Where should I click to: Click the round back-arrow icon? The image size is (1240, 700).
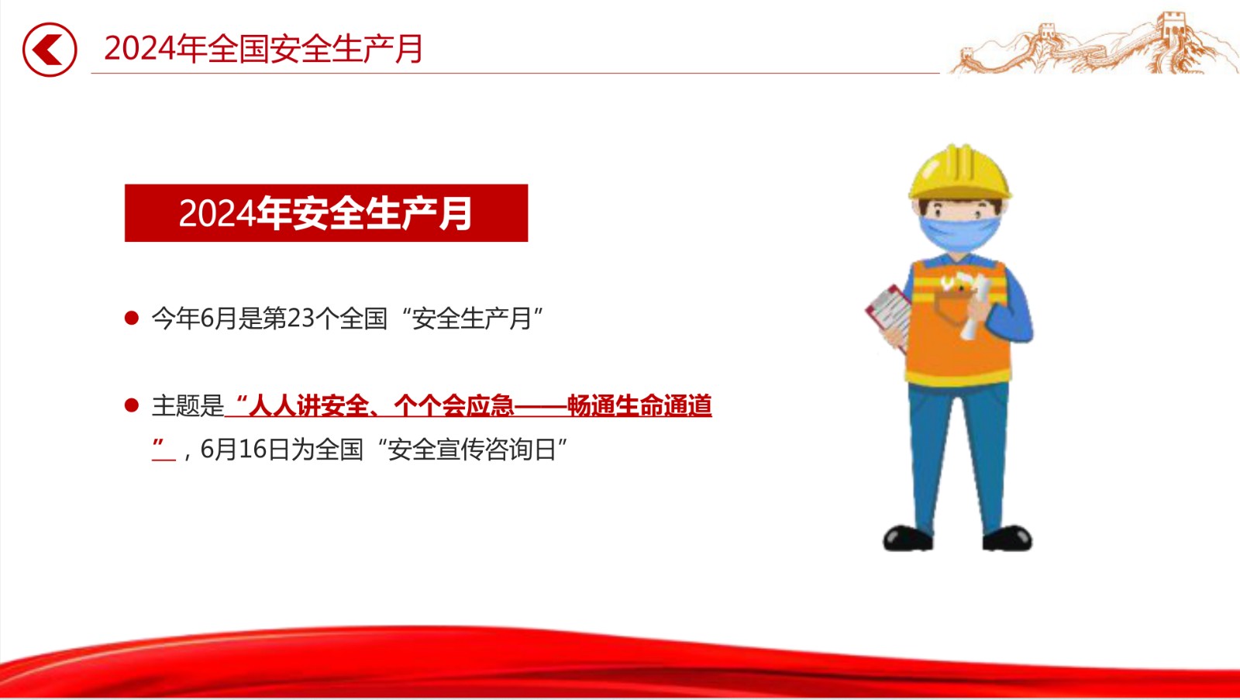click(x=50, y=50)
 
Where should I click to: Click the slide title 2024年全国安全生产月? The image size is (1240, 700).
click(x=263, y=49)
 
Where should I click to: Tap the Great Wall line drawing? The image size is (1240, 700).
click(x=1094, y=44)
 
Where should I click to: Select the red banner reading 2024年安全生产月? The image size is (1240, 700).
click(x=326, y=212)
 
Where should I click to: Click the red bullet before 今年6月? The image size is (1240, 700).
click(x=132, y=318)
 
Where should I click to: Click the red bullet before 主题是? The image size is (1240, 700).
click(x=132, y=405)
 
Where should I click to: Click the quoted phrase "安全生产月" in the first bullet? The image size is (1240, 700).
click(x=472, y=319)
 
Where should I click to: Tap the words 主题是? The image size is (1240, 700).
click(x=188, y=406)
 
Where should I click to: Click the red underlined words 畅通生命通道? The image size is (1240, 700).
click(x=639, y=406)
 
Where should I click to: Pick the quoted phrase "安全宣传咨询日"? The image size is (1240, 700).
click(x=472, y=449)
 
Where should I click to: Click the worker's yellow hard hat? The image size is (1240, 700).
click(x=960, y=171)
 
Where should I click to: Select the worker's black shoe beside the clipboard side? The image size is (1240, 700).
click(x=908, y=538)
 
